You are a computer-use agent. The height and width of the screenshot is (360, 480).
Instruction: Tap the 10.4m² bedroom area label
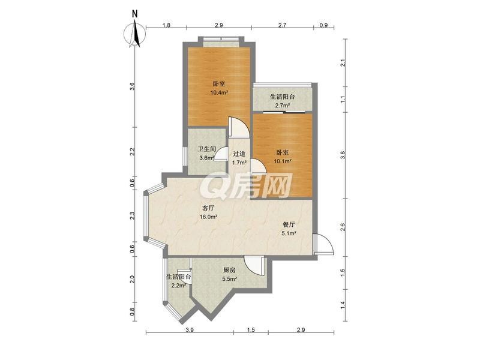pos(219,92)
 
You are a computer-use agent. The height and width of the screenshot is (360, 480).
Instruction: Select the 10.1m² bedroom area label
pos(282,161)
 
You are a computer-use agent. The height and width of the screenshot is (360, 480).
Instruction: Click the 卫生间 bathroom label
pos(206,149)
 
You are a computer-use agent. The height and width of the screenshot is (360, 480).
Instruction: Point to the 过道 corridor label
pos(239,154)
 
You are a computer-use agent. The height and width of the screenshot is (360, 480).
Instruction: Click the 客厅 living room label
pos(208,208)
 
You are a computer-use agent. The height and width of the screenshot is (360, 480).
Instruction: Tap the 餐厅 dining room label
pos(289,224)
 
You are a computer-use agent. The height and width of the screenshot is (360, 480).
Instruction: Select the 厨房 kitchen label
pos(229,270)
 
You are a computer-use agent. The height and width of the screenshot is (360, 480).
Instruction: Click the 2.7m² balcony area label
pos(282,106)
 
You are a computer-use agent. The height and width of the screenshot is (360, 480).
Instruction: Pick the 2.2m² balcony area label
pos(179,286)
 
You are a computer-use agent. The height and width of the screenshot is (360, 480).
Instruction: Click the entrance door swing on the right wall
pos(323,244)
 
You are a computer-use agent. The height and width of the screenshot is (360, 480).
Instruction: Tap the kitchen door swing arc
pos(254,266)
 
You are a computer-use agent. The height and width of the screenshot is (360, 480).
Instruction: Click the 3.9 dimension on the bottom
pos(190,330)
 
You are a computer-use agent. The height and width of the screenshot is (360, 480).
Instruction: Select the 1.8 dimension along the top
pos(166,25)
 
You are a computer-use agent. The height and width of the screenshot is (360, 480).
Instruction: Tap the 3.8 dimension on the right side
pos(343,155)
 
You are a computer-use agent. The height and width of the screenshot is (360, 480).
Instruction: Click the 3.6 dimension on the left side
pos(132,86)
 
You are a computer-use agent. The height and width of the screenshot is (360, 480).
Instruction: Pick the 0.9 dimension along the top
pos(323,25)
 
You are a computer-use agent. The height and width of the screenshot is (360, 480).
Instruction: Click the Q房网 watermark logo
pos(247,185)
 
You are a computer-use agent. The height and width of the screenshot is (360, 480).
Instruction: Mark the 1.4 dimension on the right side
pos(343,305)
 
